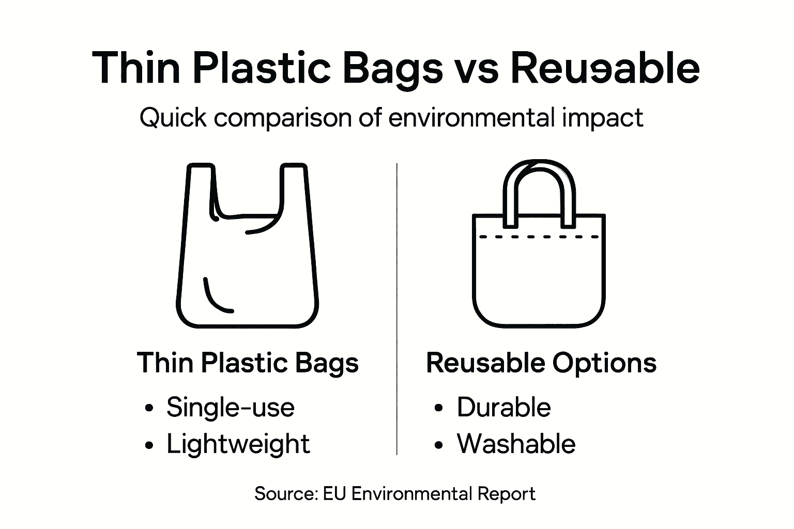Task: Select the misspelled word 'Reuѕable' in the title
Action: click(605, 68)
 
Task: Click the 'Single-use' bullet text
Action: click(230, 407)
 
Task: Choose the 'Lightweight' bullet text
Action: click(238, 444)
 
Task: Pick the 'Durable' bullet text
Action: click(503, 407)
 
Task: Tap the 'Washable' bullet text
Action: click(516, 444)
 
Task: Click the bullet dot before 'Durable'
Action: click(439, 408)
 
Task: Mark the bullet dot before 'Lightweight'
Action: click(149, 445)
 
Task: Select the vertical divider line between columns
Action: click(396, 310)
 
